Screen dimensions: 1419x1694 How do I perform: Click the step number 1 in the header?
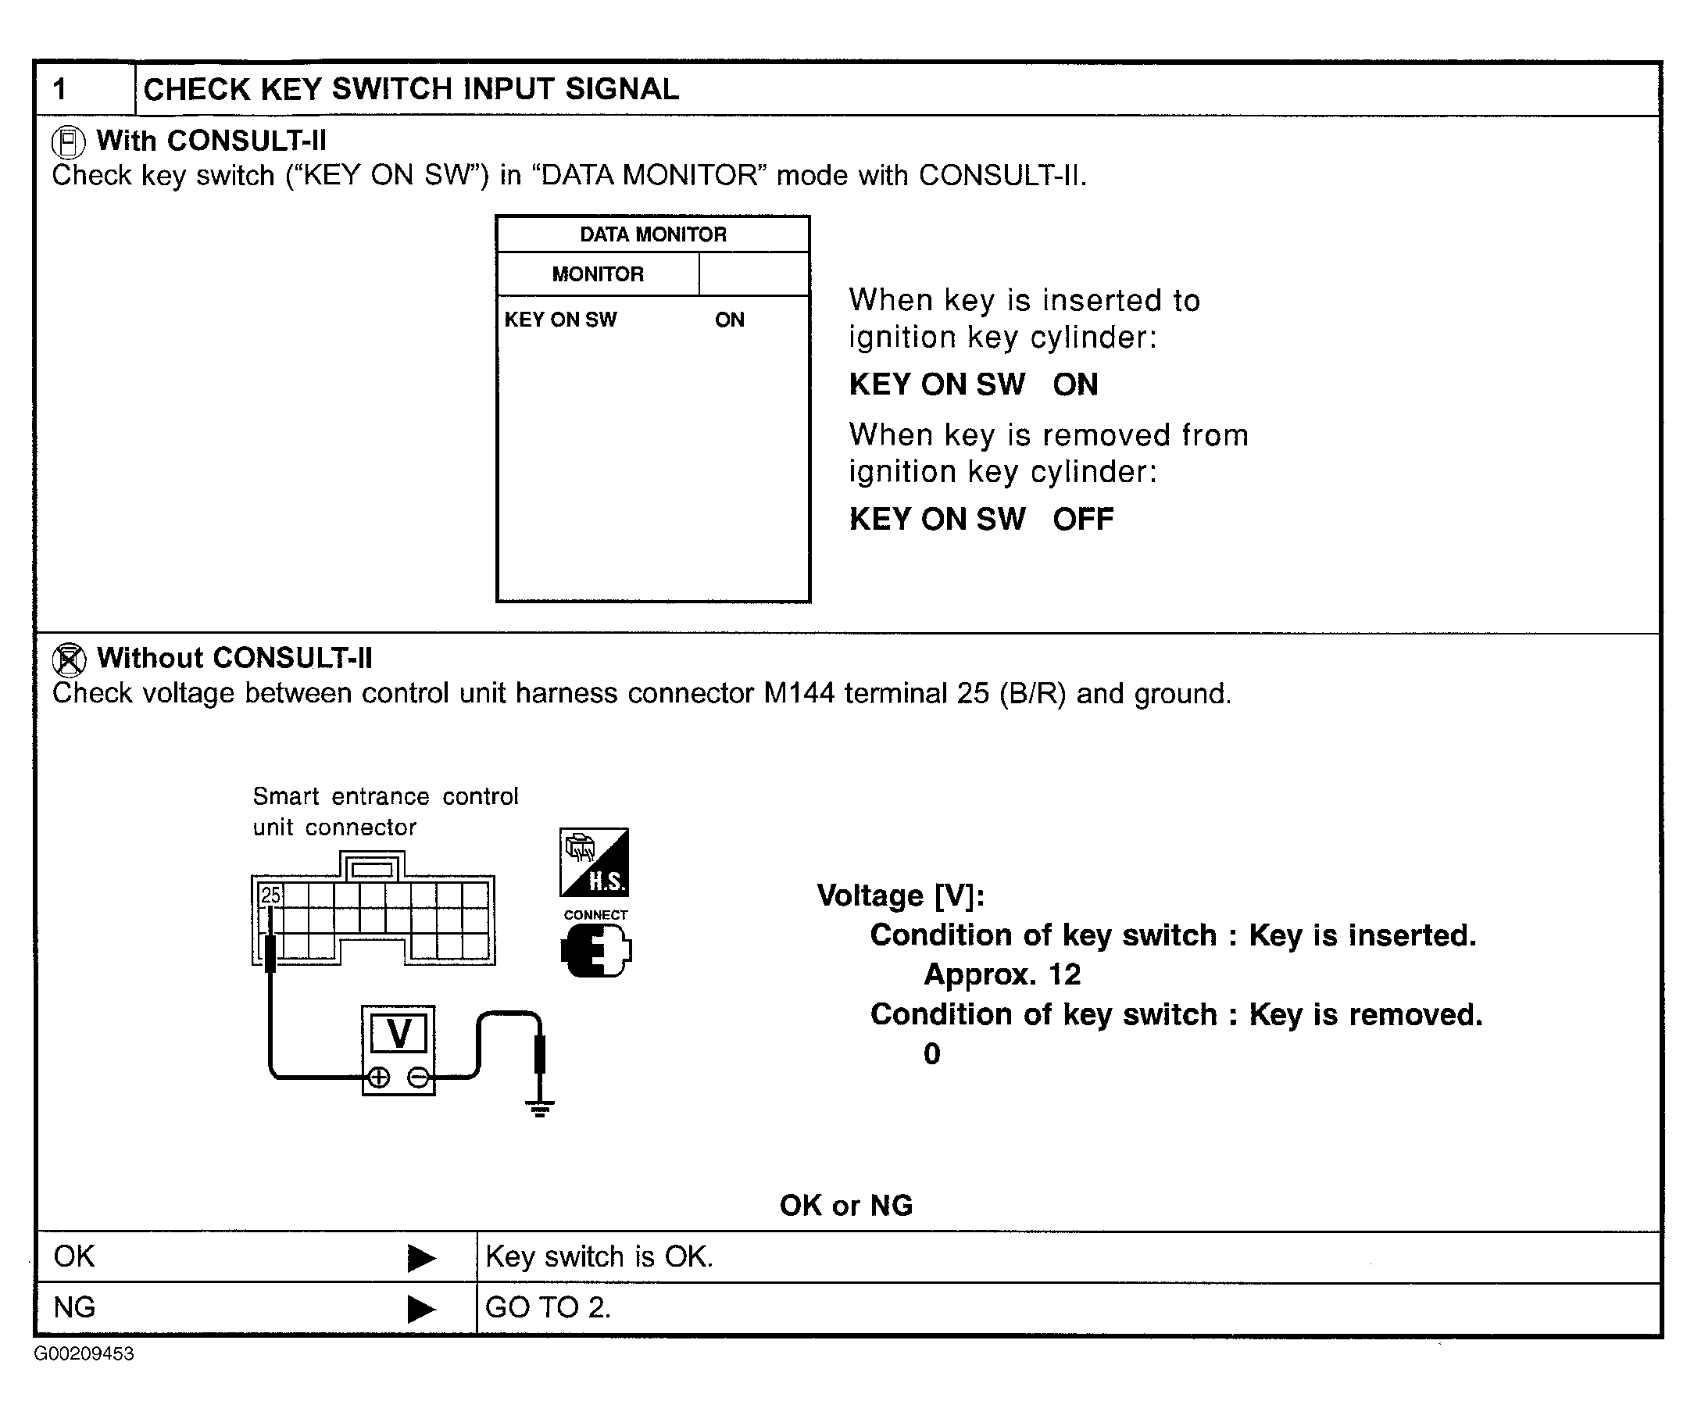59,89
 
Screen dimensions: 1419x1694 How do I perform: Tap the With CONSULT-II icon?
68,143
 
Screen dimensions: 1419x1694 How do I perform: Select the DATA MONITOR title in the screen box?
652,234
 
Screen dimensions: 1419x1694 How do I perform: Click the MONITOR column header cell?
598,274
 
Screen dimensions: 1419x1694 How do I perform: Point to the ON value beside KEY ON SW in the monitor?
729,320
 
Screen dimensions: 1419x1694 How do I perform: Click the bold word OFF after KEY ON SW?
1082,520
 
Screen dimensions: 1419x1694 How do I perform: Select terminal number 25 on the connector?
271,895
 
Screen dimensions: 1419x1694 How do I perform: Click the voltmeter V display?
399,1034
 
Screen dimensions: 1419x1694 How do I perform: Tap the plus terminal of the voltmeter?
378,1077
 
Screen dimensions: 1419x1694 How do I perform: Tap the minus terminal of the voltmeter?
419,1077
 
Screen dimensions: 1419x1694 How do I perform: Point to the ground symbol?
540,1109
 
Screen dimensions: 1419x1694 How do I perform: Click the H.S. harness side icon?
595,863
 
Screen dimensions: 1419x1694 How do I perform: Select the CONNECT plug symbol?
596,950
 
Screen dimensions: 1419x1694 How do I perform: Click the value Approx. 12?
1002,974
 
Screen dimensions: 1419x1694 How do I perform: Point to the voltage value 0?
931,1053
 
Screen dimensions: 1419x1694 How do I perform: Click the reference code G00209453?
84,1353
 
